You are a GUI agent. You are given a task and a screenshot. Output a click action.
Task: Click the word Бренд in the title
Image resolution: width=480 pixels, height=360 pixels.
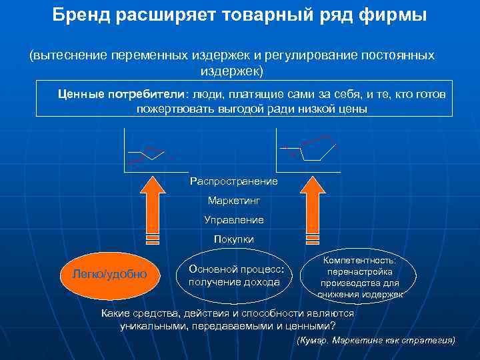coord(79,15)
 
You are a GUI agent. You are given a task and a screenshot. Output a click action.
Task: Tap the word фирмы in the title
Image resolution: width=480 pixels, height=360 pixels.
coord(393,15)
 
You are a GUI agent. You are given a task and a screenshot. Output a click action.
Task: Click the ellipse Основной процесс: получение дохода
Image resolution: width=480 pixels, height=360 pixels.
coord(237,275)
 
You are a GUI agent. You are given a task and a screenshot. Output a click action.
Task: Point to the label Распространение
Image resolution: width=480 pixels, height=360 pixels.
coord(233,181)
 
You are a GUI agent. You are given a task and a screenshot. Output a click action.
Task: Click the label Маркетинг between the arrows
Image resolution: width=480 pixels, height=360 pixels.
coord(233,200)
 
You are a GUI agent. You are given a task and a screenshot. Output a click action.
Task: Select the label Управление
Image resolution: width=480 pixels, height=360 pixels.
coord(233,219)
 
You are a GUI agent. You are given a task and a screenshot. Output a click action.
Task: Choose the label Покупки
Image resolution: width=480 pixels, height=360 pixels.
coord(233,239)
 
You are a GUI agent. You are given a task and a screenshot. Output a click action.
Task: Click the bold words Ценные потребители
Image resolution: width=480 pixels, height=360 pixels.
coord(121,94)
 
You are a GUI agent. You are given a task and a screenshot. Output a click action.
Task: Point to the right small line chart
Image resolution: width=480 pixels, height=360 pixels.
coord(307,151)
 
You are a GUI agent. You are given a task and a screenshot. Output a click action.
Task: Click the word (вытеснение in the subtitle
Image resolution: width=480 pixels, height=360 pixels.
coord(61,55)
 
